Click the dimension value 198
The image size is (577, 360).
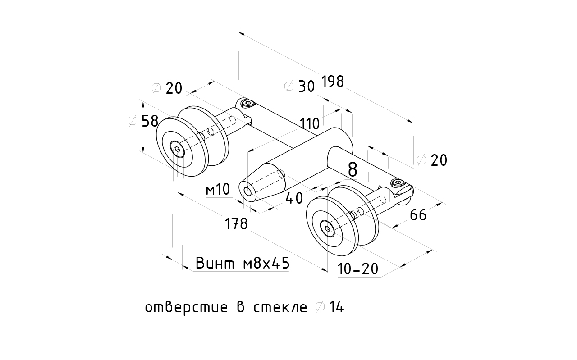coord(333,82)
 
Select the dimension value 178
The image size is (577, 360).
coord(237,223)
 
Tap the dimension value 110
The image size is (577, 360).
coord(309,123)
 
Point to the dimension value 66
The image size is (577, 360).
coord(418,215)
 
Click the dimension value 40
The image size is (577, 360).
coord(294,198)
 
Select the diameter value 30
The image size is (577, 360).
coord(306,86)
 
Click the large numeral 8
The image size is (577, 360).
coord(353,169)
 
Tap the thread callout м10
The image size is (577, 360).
coord(218,190)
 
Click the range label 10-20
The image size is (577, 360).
coord(358,269)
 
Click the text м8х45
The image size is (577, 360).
coord(266,264)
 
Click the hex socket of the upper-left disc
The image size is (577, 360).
coord(176,150)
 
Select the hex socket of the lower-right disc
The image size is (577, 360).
coord(326,228)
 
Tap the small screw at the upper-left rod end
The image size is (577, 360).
coord(247,104)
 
